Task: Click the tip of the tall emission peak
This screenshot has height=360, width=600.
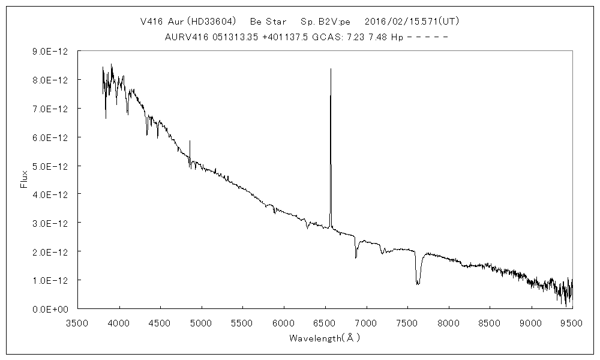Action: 331,69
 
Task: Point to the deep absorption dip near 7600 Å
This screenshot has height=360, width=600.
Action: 418,283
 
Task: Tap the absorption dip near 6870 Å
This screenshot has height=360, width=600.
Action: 356,257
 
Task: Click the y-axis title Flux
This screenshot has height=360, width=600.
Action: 25,179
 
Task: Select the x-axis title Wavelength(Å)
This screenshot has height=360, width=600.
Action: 325,338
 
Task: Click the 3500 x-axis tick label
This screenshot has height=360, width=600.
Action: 78,323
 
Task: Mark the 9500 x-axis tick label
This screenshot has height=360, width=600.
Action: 572,323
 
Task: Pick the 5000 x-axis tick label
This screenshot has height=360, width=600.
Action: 202,323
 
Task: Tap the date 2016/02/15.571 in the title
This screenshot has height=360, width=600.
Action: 398,22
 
